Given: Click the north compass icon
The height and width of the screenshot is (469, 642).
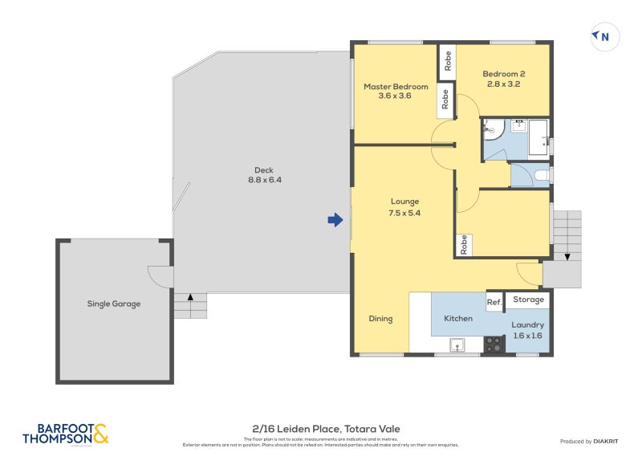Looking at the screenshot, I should coord(605,36).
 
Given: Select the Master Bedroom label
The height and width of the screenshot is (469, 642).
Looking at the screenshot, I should coord(396,87).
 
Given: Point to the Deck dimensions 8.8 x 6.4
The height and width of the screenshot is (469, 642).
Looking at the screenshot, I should coord(264,181).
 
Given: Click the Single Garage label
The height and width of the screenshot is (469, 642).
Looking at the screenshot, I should coord(114,304).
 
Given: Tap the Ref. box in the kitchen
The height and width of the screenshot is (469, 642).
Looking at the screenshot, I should coord(494,301).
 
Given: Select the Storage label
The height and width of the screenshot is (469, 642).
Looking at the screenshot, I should coord(528,300).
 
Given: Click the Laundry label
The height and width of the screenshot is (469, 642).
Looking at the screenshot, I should coord(527,325).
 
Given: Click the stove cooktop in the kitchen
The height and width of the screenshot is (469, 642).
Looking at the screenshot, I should coord(493,345).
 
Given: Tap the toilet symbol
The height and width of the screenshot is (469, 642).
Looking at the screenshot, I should coord(541,173).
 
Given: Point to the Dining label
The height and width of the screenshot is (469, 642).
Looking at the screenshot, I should coord(380,319).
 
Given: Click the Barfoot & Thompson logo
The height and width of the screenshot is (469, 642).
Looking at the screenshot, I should coord(65,434).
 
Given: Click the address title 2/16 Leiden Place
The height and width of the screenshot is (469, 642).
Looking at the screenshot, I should coord(320,430).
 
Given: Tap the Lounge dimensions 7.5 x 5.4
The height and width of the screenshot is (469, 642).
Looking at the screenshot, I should coord(404,213).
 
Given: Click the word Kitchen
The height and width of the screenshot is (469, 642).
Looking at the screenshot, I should coord(458,319).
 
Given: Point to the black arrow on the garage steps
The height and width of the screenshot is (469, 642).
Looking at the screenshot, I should coord(190,297).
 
